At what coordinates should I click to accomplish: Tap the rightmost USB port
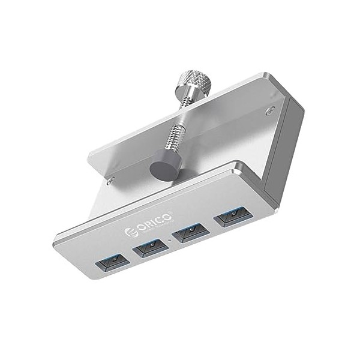click(230, 215)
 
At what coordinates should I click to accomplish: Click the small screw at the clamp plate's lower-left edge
click(110, 178)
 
